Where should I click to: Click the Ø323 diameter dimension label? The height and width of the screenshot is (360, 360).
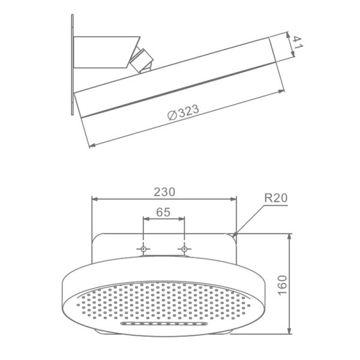pos(183,112)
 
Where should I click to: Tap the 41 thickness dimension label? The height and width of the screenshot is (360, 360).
pos(298,43)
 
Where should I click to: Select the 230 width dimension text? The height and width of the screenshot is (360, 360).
pos(164,192)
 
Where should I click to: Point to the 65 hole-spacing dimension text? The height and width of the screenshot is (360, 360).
pos(163,212)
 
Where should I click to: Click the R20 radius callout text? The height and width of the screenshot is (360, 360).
pos(275,198)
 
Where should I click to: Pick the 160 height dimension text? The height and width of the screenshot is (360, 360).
pos(283,285)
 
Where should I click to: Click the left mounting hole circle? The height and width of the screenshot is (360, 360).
pos(143,249)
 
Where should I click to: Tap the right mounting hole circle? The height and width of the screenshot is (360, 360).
pos(184,249)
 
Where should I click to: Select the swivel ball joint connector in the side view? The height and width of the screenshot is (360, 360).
pos(142,60)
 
